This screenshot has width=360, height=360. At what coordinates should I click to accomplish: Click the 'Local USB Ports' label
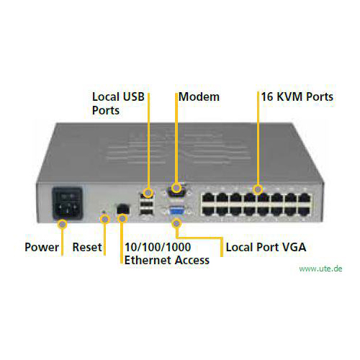[x=118, y=104]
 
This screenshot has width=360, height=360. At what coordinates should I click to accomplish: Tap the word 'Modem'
[x=199, y=97]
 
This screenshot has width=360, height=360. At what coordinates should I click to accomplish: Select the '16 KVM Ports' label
[x=297, y=96]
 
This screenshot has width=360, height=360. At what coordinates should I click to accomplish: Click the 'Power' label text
[x=42, y=247]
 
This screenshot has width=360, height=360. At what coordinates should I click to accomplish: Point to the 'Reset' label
[x=87, y=247]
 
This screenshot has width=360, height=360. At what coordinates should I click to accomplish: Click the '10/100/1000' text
[x=158, y=247]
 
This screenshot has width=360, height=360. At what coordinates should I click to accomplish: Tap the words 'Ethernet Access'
[x=167, y=261]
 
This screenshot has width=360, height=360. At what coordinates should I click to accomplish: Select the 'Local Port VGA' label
[x=266, y=247]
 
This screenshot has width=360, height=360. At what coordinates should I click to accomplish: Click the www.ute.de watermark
[x=320, y=269]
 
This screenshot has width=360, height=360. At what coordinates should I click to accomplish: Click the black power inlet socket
[x=68, y=204]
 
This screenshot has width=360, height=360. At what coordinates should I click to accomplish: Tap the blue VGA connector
[x=177, y=212]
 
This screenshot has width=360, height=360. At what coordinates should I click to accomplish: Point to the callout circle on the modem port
[x=176, y=188]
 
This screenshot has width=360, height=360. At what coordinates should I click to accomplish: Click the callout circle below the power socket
[x=63, y=225]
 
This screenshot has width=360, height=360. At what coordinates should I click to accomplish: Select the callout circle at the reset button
[x=105, y=219]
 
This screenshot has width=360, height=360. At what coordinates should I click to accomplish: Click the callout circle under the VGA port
[x=176, y=223]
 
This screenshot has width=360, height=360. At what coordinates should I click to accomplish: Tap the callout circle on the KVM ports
[x=258, y=190]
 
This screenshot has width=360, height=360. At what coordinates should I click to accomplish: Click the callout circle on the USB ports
[x=148, y=192]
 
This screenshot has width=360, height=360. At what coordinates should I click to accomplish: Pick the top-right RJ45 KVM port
[x=305, y=198]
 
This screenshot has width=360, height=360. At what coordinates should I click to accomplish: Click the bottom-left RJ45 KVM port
[x=208, y=211]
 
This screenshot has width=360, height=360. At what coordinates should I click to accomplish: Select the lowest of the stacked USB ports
[x=146, y=212]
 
